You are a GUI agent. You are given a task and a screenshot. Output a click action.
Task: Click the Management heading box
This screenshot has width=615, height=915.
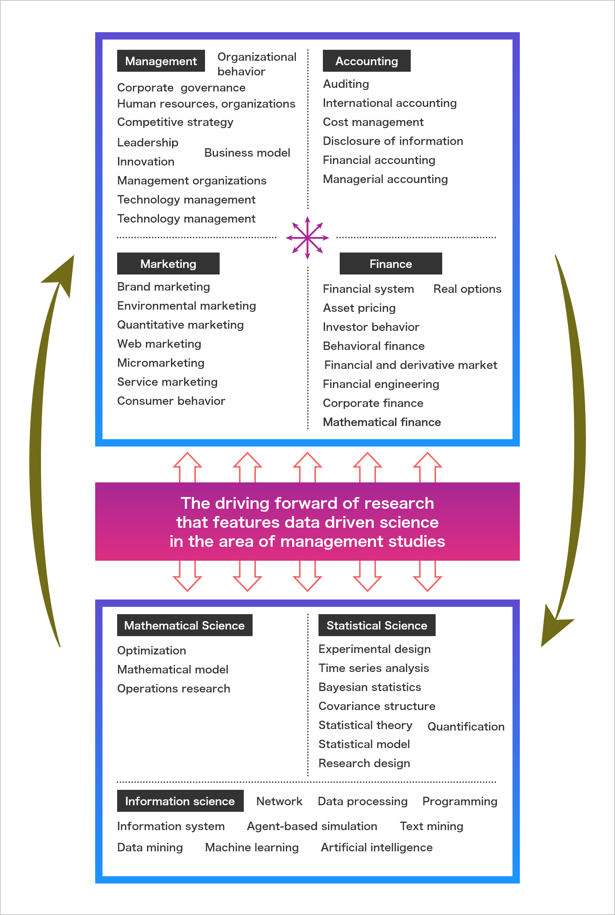161,61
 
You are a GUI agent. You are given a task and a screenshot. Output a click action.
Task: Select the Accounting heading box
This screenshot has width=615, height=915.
366,61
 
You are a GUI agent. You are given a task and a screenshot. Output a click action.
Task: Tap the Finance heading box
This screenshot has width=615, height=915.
390,264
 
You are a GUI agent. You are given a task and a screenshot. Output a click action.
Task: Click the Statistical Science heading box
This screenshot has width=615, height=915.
377,625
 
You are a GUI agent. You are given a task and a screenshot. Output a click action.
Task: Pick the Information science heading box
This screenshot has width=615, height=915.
180,800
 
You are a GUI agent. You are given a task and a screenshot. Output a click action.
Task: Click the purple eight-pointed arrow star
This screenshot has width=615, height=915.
307,238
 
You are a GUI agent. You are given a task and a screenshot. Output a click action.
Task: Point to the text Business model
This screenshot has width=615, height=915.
247,153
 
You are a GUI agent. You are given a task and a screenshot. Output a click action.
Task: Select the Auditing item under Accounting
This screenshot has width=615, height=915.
346,84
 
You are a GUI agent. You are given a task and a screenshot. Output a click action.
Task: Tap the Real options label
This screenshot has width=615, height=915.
467,289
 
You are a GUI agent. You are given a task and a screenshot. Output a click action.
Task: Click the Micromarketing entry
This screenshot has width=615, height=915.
161,363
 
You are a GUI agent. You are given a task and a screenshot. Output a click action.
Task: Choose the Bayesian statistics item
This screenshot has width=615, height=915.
369,687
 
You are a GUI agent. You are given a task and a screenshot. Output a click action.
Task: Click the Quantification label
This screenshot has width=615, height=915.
466,727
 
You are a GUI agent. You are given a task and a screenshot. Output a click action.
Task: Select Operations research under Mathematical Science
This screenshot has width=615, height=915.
174,688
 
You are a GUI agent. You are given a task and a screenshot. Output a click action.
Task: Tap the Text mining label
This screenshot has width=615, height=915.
431,826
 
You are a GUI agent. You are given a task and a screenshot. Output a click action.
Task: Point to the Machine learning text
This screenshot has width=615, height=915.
251,847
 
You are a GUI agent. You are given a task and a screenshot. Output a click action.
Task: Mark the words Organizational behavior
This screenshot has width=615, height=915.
257,64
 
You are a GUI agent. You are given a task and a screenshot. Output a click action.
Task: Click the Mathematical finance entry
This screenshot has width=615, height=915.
381,422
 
